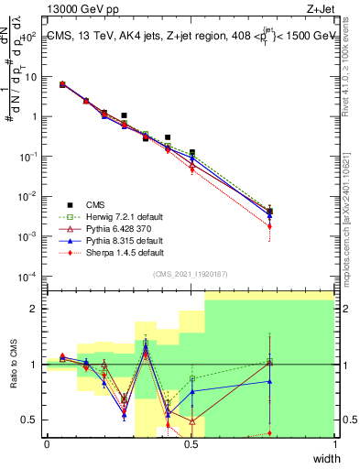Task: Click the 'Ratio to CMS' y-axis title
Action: click(13, 365)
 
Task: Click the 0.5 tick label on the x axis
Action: click(191, 444)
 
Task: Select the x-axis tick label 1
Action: click(334, 444)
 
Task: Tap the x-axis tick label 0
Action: click(47, 444)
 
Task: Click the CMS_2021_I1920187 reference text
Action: click(191, 274)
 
